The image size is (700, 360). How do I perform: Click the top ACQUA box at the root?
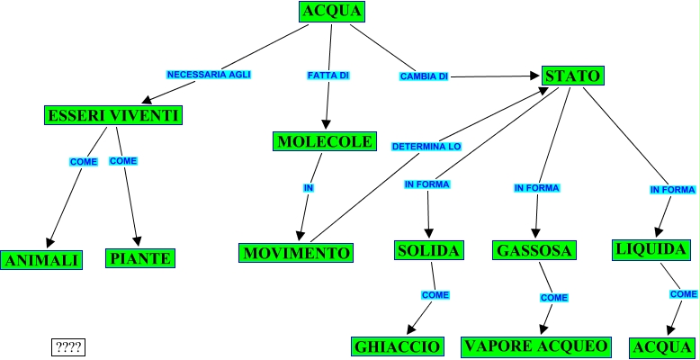pyautogui.click(x=332, y=12)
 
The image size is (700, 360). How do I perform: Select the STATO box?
pyautogui.click(x=572, y=76)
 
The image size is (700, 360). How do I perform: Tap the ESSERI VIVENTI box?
pyautogui.click(x=113, y=115)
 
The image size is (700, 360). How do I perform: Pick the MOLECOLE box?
pyautogui.click(x=324, y=142)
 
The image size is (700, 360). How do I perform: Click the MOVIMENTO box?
pyautogui.click(x=296, y=253)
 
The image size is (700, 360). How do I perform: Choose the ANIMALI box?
pyautogui.click(x=42, y=260)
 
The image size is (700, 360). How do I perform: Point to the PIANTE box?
pyautogui.click(x=139, y=258)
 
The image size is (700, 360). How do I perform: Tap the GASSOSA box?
pyautogui.click(x=534, y=250)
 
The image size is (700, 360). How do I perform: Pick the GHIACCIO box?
pyautogui.click(x=397, y=346)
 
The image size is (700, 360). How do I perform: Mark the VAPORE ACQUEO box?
pyautogui.click(x=536, y=346)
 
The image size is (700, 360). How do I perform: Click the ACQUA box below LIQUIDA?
pyautogui.click(x=662, y=347)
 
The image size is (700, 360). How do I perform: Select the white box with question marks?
pyautogui.click(x=68, y=346)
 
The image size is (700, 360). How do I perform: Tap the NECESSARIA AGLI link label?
pyautogui.click(x=209, y=74)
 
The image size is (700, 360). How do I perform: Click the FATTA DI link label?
pyautogui.click(x=328, y=76)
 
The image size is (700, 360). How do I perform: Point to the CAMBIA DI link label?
pyautogui.click(x=424, y=76)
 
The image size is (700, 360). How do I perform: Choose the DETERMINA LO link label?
pyautogui.click(x=426, y=145)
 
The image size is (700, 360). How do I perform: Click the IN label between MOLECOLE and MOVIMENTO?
pyautogui.click(x=308, y=188)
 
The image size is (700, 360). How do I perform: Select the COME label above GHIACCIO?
pyautogui.click(x=435, y=295)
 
